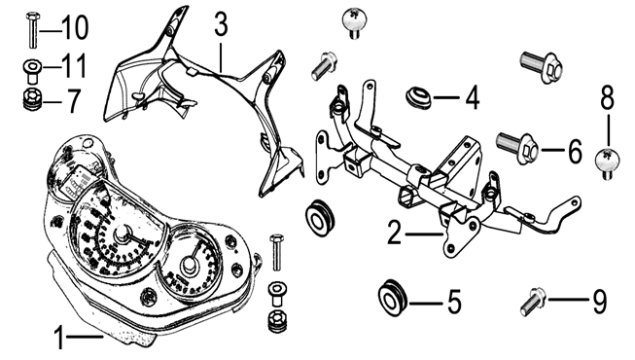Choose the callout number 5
(453, 302)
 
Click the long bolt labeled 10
(31, 31)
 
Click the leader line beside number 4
(446, 97)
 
